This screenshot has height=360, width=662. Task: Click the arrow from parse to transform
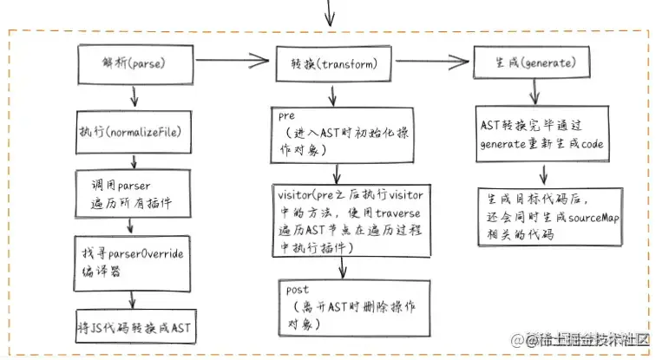coord(231,62)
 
